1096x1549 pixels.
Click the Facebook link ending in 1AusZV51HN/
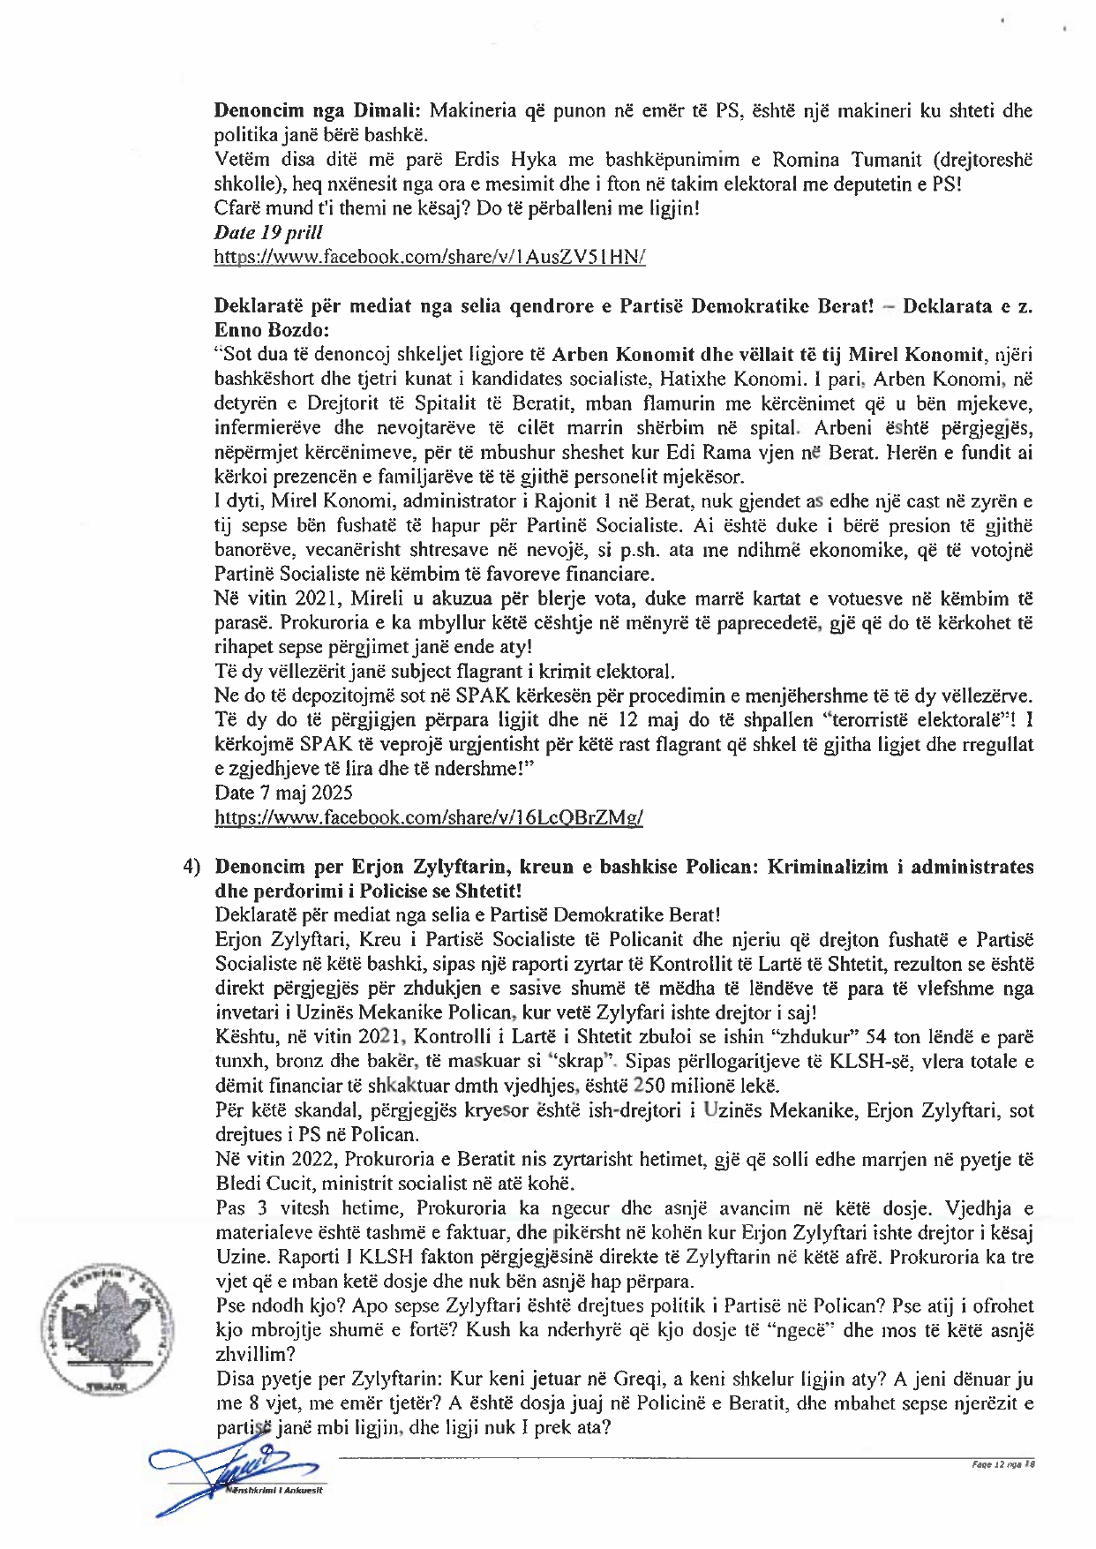[430, 257]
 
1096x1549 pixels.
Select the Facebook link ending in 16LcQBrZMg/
[429, 817]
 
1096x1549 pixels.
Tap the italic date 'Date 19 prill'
[268, 233]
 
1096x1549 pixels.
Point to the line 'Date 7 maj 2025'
[283, 793]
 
